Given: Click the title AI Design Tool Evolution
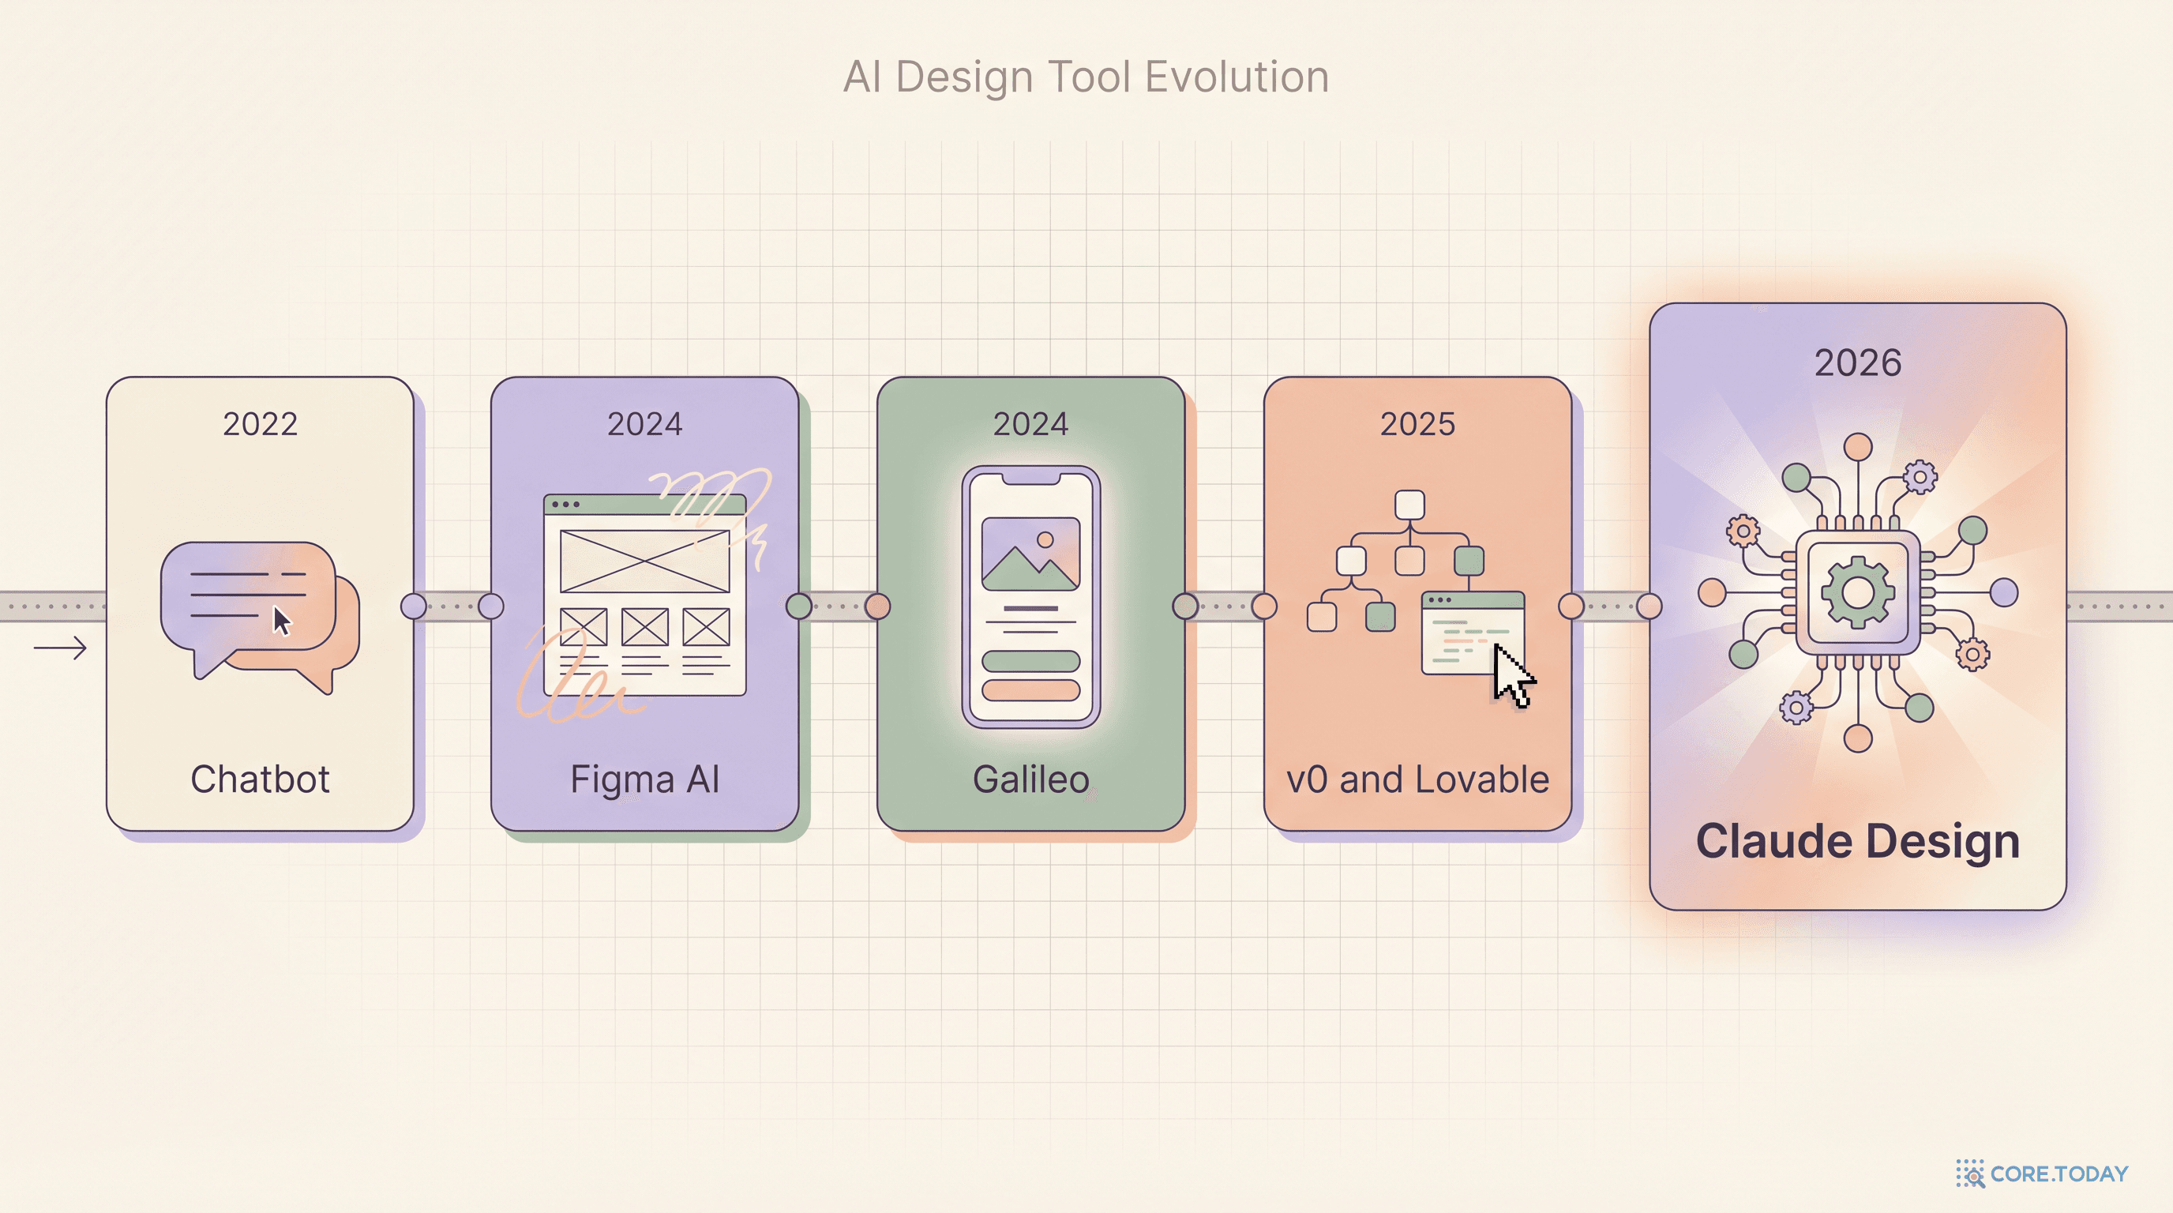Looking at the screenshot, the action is pos(1086,77).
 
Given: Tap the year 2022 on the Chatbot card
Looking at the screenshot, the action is pos(260,423).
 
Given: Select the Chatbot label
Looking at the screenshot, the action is pos(260,779).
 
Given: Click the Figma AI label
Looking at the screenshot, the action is pos(645,779).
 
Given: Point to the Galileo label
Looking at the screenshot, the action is pos(1030,779).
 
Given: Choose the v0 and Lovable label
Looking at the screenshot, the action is pos(1417,779).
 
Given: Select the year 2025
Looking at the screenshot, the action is pos(1417,423).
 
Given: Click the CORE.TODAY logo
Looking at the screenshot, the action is pos(2042,1174).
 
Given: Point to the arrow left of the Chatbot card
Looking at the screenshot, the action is pos(60,648).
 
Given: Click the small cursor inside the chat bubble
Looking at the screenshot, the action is pos(282,621).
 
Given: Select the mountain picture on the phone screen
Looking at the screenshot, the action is pos(1030,554).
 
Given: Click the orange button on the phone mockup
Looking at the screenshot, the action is pos(1030,690).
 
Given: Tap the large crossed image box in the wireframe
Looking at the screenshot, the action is pos(645,561).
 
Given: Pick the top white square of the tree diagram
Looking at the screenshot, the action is pos(1409,505).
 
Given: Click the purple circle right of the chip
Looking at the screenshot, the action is pos(2004,592).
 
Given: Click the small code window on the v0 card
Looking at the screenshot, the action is pos(1473,633).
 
